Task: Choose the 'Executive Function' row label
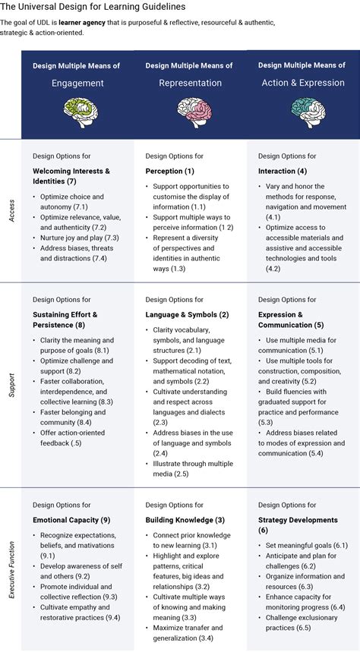(x=11, y=567)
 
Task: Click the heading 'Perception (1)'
(x=169, y=171)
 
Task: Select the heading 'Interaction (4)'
(x=283, y=171)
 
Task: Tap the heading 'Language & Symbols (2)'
(x=187, y=314)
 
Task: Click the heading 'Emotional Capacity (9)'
(x=71, y=520)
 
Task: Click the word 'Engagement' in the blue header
(x=77, y=83)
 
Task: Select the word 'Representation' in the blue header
(x=190, y=83)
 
